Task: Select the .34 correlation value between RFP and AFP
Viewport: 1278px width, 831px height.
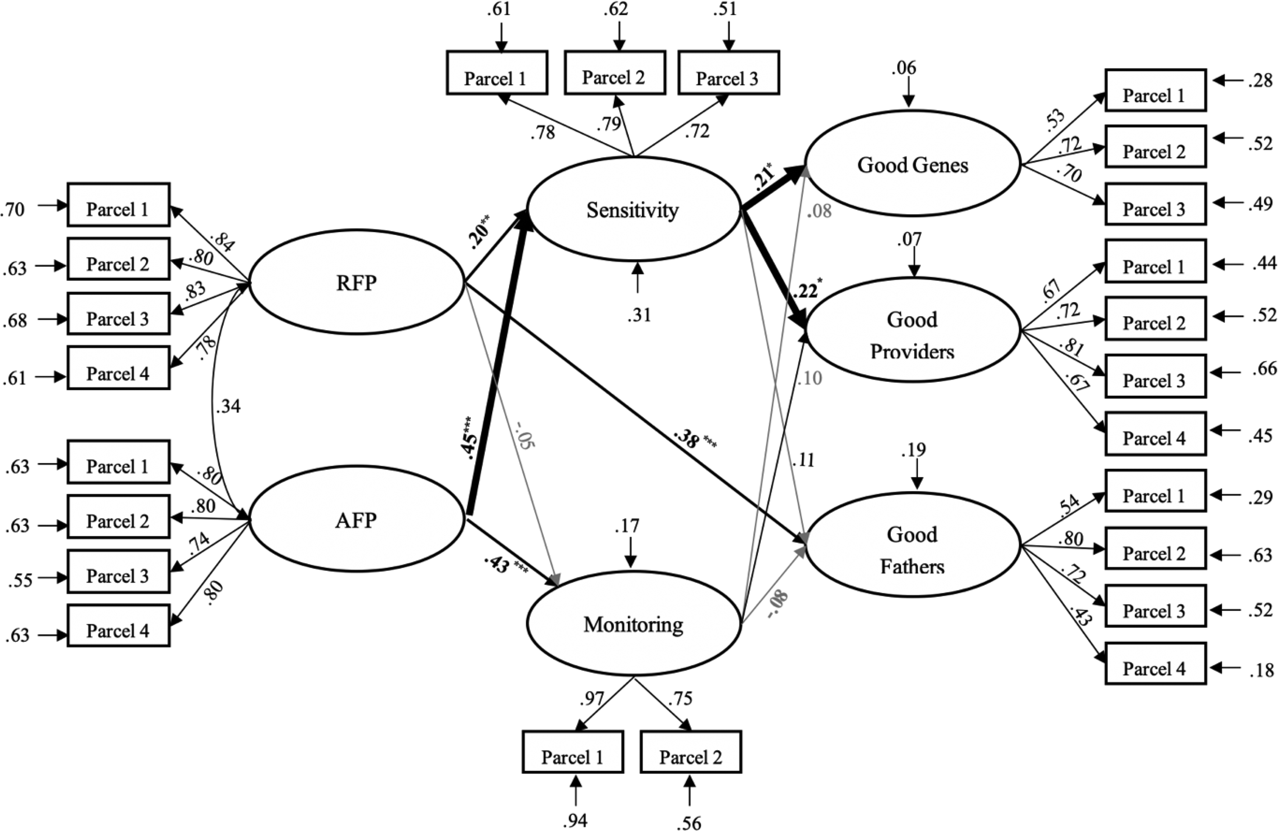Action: [x=228, y=407]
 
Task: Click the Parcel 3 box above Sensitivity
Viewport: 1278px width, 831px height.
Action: [x=728, y=72]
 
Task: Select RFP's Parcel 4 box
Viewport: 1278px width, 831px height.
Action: [x=118, y=368]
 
